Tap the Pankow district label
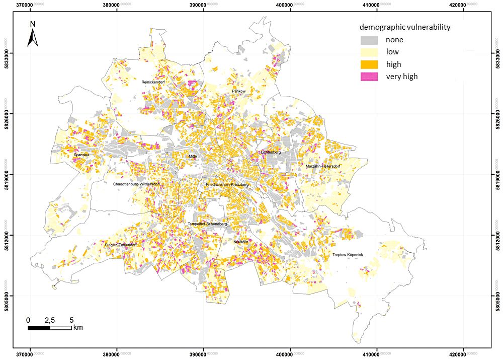(238, 91)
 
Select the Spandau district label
(81, 155)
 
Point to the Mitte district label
(193, 157)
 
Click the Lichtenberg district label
(271, 152)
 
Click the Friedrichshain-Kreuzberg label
(227, 185)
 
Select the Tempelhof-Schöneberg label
(207, 224)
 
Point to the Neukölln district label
(241, 242)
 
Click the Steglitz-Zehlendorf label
(121, 245)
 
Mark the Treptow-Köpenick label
(348, 255)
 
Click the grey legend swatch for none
(369, 40)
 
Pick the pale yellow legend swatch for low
(369, 52)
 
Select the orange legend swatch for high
(369, 64)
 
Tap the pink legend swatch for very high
(369, 77)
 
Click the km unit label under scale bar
(78, 328)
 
